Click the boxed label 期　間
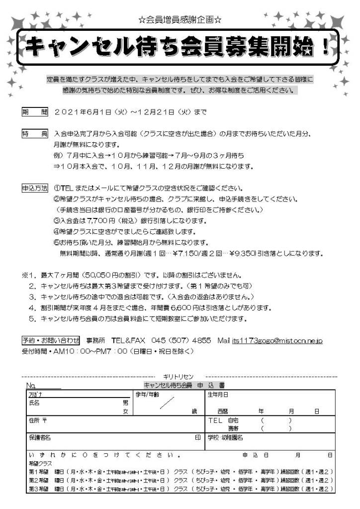[x=35, y=112]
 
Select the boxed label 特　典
[x=35, y=134]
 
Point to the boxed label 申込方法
[x=35, y=189]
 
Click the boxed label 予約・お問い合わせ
[x=50, y=341]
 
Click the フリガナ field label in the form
[x=34, y=395]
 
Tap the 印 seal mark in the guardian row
[x=197, y=437]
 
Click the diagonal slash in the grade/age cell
[x=167, y=403]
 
